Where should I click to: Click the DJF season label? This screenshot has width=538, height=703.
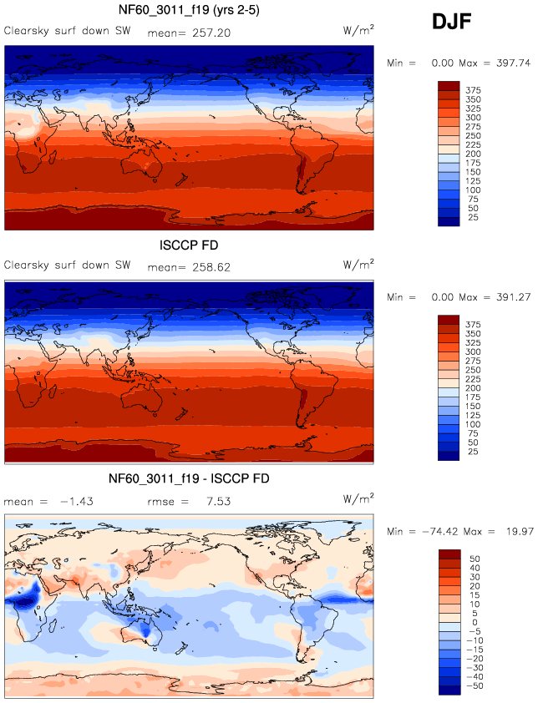tap(452, 22)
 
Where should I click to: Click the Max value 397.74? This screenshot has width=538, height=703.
tap(511, 63)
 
